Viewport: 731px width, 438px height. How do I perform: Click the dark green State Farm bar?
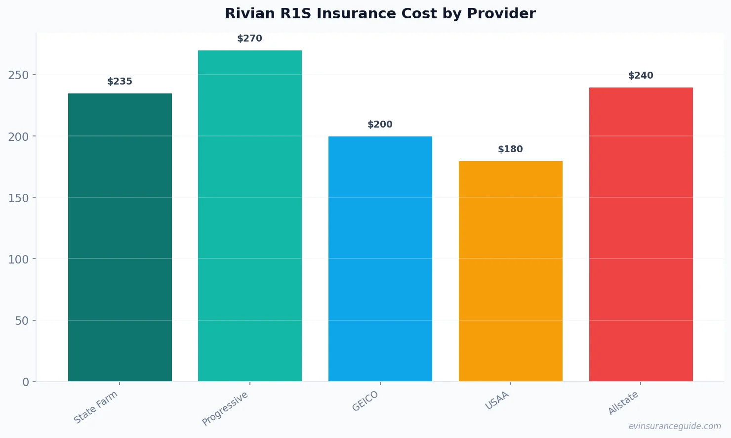click(120, 237)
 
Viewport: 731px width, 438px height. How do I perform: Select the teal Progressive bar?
click(250, 216)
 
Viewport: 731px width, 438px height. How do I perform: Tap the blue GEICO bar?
click(380, 259)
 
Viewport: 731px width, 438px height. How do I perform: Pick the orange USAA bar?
click(510, 271)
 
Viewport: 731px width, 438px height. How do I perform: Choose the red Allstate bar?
click(641, 234)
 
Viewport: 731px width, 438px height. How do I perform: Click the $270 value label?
click(250, 39)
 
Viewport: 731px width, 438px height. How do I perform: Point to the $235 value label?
click(120, 82)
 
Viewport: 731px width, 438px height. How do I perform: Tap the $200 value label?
click(380, 125)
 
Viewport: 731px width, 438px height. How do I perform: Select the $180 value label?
click(510, 149)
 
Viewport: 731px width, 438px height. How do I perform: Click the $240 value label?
click(641, 76)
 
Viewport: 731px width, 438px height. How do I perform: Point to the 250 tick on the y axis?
click(18, 75)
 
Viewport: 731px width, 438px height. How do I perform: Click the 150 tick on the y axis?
click(18, 198)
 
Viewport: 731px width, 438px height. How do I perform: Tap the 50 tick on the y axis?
click(22, 321)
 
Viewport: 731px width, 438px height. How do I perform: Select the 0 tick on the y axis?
click(26, 382)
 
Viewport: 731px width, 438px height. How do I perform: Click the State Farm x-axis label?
click(96, 407)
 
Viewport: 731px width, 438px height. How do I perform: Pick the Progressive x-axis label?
click(225, 409)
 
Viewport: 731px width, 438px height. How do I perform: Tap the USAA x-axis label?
click(497, 401)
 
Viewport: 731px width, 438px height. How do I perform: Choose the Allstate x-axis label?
click(623, 403)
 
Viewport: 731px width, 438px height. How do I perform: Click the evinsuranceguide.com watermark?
click(675, 426)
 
